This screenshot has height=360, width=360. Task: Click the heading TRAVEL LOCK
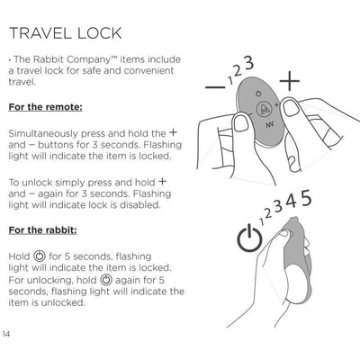tap(66, 33)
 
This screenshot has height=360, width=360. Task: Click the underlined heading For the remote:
tap(45, 107)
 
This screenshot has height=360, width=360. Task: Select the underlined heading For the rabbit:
tap(42, 230)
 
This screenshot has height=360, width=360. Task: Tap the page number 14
tap(6, 334)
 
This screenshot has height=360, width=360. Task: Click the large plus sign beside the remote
tap(290, 81)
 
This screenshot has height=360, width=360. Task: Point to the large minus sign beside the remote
tap(215, 87)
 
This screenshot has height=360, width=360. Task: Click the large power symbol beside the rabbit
tap(249, 239)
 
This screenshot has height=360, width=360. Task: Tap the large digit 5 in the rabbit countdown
tap(306, 198)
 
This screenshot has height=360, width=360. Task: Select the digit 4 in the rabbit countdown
tap(292, 202)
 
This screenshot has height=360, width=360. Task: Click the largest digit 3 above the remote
tap(248, 63)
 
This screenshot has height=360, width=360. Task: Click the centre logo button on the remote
tap(263, 109)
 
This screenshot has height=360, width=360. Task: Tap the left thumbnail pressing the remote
tap(241, 122)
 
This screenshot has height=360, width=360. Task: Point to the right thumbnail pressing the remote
tap(291, 107)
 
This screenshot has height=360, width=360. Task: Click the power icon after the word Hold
tap(40, 256)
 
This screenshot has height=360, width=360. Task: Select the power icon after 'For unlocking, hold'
tap(106, 280)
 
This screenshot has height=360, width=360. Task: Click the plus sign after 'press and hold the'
tap(173, 132)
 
